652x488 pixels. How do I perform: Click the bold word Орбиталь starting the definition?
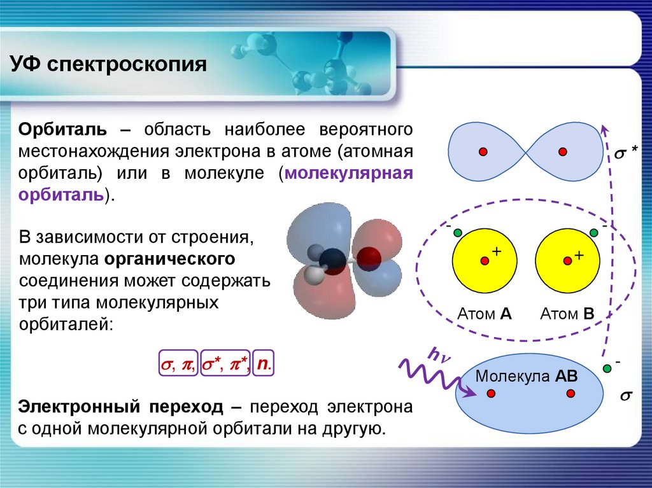[x=62, y=130]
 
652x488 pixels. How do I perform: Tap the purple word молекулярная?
[x=349, y=173]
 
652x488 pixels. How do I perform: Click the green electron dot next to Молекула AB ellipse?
[x=607, y=368]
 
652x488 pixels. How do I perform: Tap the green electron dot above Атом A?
[x=457, y=233]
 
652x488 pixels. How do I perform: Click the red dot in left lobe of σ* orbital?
[x=483, y=151]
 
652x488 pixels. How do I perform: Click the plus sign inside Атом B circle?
[x=579, y=254]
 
